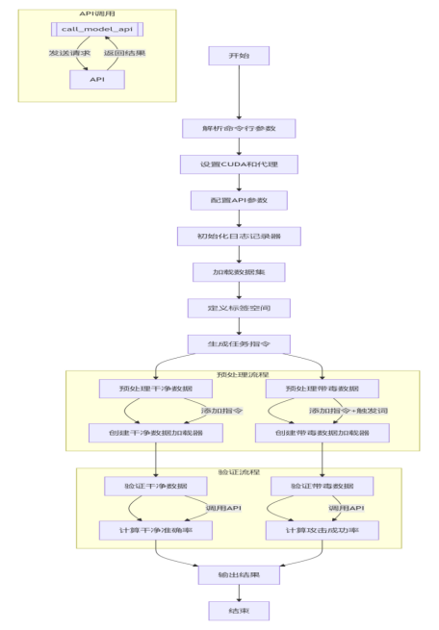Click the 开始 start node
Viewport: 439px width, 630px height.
(239, 57)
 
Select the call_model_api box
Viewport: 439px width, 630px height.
(96, 31)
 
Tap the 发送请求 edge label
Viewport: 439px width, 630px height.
(70, 53)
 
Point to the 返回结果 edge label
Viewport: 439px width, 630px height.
(125, 53)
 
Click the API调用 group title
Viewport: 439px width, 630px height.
(97, 14)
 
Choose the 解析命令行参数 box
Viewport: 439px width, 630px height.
(239, 129)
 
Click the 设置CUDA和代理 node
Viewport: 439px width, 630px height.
(239, 164)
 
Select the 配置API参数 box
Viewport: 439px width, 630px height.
(239, 200)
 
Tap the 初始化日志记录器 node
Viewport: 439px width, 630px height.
(239, 237)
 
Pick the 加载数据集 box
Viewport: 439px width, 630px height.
(239, 272)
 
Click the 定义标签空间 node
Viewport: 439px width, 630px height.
(239, 309)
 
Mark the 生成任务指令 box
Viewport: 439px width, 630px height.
(239, 344)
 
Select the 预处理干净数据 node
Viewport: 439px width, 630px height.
(155, 389)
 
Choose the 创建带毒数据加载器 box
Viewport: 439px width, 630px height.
(323, 434)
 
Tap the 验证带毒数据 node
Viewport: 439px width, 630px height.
(323, 486)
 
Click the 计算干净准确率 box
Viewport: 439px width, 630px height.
(155, 530)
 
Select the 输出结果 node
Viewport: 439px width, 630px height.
(239, 575)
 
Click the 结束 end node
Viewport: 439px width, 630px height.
(239, 611)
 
